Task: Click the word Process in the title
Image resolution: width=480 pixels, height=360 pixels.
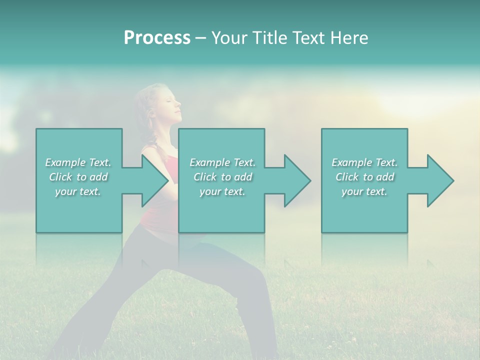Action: (157, 38)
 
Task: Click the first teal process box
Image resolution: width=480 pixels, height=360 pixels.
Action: (79, 210)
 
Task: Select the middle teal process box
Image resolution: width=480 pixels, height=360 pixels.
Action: (221, 210)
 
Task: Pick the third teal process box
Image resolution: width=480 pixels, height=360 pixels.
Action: (364, 210)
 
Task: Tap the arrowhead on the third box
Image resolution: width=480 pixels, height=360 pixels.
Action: (439, 180)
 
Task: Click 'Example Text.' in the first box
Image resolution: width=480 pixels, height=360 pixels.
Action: (78, 162)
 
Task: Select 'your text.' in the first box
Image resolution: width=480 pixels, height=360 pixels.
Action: (78, 191)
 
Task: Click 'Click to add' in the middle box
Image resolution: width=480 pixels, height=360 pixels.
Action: (222, 177)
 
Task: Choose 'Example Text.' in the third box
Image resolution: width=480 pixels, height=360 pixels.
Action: (364, 162)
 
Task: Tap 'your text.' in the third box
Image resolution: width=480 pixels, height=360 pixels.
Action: (364, 191)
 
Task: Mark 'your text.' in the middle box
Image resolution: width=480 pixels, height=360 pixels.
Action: (222, 191)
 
